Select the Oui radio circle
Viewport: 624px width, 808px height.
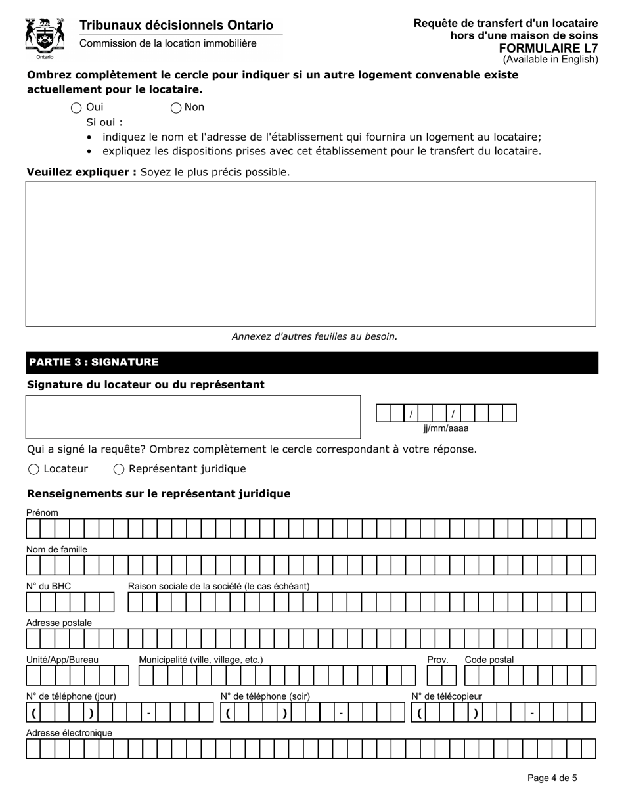pyautogui.click(x=76, y=108)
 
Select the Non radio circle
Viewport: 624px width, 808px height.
pyautogui.click(x=176, y=108)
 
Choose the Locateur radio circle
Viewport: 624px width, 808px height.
pyautogui.click(x=33, y=469)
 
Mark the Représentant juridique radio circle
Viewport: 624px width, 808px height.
pyautogui.click(x=119, y=469)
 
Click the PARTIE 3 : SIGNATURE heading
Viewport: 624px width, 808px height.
pyautogui.click(x=93, y=362)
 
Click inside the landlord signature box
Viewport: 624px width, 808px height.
pyautogui.click(x=192, y=417)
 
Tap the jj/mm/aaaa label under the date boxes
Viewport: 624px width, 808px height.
pyautogui.click(x=446, y=428)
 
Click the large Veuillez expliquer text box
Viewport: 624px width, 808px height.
pyautogui.click(x=311, y=254)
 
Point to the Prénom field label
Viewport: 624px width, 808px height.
pyautogui.click(x=42, y=512)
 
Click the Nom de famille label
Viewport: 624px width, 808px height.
pyautogui.click(x=56, y=549)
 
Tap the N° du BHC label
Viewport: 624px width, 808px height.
pyautogui.click(x=49, y=586)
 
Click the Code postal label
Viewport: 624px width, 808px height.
pyautogui.click(x=489, y=660)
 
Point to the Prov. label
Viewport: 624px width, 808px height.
pyautogui.click(x=437, y=660)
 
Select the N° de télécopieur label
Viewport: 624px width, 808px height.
pyautogui.click(x=447, y=696)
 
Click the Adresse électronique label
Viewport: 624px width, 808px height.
pyautogui.click(x=69, y=733)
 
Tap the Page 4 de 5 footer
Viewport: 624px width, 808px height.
pyautogui.click(x=552, y=778)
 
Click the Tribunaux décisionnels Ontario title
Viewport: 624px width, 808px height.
pyautogui.click(x=176, y=25)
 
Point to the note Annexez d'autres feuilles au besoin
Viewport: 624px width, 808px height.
pyautogui.click(x=315, y=336)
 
